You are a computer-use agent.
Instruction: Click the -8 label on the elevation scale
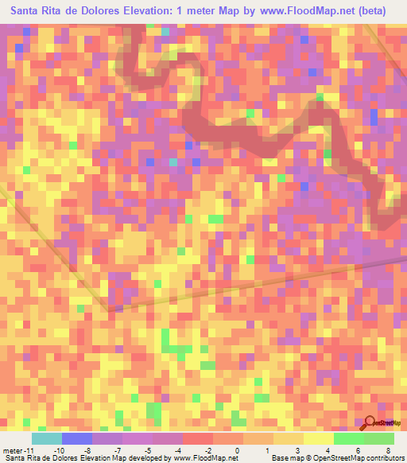point(88,449)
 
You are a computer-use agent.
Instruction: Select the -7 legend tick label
point(118,449)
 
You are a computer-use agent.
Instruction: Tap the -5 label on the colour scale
point(148,449)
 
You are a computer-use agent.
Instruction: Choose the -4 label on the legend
point(177,449)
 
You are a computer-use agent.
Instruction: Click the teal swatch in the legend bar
point(47,438)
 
